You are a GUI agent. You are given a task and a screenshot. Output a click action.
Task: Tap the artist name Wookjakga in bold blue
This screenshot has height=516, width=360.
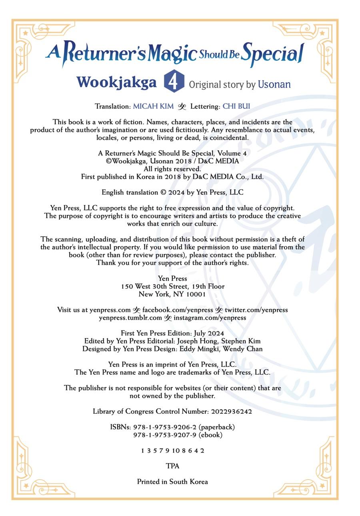click(116, 82)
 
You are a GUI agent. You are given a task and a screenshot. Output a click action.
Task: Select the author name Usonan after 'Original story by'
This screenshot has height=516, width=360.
click(274, 85)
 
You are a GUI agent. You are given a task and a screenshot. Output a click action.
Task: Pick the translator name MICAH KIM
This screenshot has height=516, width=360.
click(153, 106)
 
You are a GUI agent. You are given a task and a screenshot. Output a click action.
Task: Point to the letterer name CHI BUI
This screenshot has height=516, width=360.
click(236, 106)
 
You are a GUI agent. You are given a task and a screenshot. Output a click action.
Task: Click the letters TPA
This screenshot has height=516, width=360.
click(172, 466)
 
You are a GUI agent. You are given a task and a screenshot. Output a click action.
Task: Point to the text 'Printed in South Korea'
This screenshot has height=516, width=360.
click(172, 482)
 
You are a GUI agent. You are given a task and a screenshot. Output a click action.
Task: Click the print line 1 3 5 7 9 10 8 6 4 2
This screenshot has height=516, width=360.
click(172, 451)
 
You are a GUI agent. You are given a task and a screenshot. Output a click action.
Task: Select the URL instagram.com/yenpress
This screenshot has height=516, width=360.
click(210, 318)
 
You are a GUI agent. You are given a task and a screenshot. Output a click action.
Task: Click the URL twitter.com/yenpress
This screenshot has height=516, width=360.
click(256, 310)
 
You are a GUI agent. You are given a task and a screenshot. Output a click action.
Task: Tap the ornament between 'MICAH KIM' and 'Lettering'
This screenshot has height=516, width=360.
click(182, 107)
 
